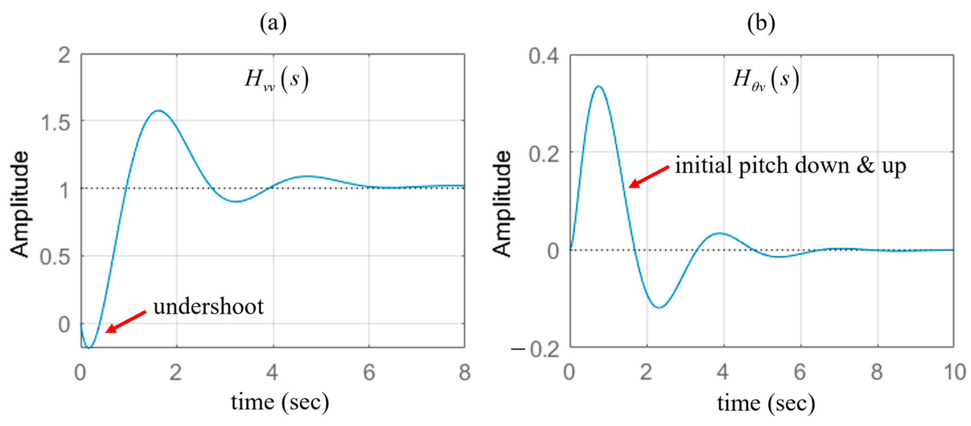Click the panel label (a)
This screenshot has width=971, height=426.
[x=273, y=24]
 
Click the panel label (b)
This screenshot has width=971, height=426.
[x=761, y=24]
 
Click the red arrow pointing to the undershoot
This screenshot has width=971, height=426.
[x=126, y=322]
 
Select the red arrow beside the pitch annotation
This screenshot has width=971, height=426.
[x=649, y=176]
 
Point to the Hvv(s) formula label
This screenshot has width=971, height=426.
[x=277, y=80]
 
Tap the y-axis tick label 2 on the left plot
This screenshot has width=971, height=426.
[x=64, y=55]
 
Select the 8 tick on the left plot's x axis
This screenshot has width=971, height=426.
[x=464, y=372]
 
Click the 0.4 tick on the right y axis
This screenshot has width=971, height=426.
[x=543, y=56]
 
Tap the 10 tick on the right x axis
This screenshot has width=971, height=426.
[x=954, y=372]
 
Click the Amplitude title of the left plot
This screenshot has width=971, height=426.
[x=20, y=204]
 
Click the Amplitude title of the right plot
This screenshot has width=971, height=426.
[x=503, y=204]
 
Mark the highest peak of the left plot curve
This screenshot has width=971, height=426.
[x=159, y=110]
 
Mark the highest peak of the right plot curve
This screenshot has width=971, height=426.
[x=598, y=86]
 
